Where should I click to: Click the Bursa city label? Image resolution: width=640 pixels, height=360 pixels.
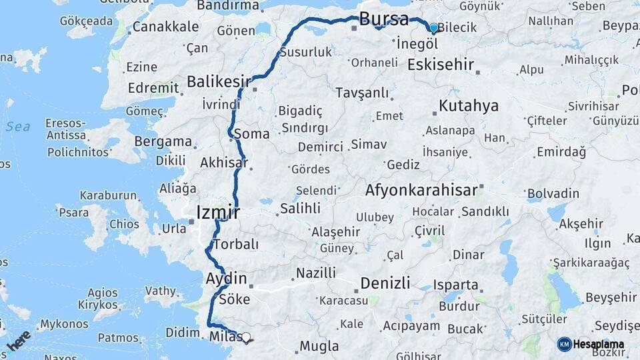click(383, 19)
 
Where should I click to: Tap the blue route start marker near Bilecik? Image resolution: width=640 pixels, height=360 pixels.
click(434, 28)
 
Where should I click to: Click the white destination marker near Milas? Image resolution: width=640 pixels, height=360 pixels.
click(247, 338)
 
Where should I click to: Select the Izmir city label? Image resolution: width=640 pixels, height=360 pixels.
click(217, 213)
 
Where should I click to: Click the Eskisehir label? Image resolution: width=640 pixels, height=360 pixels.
click(440, 65)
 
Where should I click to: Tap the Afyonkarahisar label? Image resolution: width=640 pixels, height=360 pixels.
click(421, 190)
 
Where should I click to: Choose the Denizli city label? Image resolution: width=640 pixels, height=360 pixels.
click(385, 283)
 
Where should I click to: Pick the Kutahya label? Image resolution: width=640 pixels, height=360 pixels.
click(469, 106)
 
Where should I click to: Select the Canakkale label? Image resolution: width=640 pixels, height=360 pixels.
click(165, 27)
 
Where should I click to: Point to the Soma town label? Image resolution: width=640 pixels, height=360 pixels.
click(252, 133)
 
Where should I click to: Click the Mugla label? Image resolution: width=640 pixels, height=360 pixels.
click(319, 346)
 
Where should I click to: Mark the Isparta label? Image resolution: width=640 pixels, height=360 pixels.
click(456, 285)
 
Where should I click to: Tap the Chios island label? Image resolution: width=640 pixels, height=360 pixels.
click(124, 224)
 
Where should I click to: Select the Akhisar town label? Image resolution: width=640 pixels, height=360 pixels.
click(224, 163)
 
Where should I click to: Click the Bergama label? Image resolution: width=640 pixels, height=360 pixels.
click(163, 141)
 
